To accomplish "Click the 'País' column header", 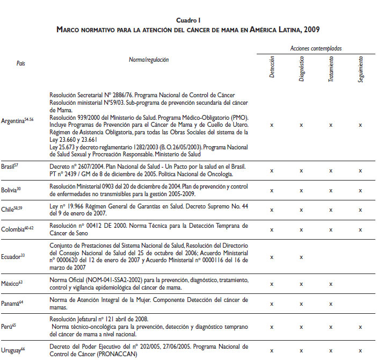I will click(20, 63).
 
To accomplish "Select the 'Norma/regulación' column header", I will click(149, 60).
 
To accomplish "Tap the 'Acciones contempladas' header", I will click(316, 48).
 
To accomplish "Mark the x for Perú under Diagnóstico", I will click(301, 327).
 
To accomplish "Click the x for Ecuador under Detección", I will click(272, 257).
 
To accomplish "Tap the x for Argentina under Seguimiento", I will click(360, 125).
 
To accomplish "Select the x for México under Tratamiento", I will click(331, 284).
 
